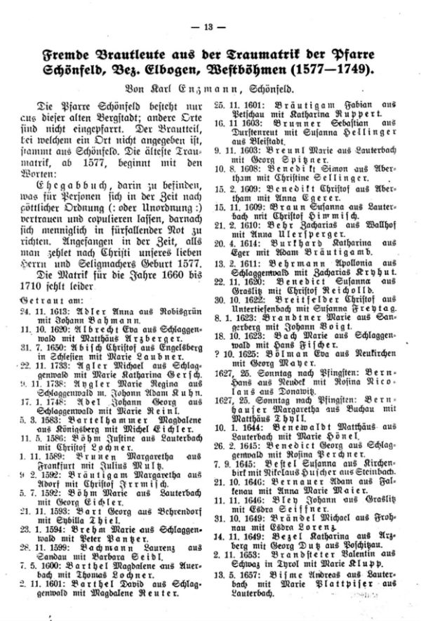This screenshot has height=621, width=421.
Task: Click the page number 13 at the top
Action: pos(211,27)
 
